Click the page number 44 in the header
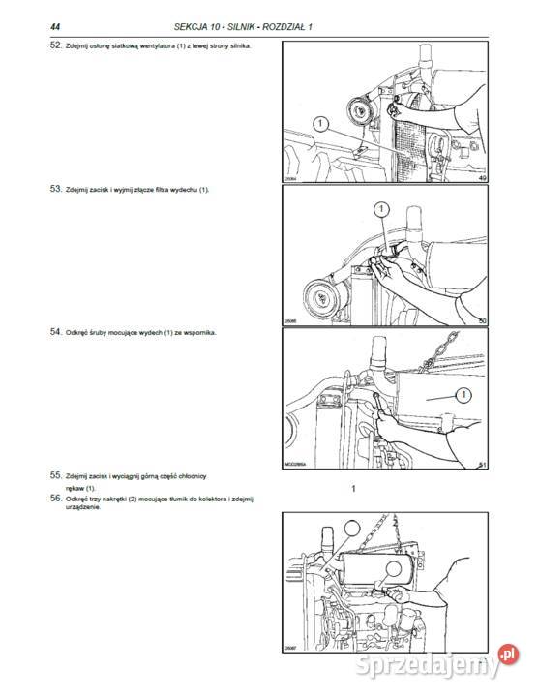click(55, 27)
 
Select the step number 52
click(55, 45)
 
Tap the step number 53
click(55, 189)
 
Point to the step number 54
click(55, 332)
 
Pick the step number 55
click(55, 475)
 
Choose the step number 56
click(55, 498)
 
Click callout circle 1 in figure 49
click(320, 124)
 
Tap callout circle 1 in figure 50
click(381, 209)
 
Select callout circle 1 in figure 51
click(463, 395)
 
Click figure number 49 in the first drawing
click(483, 178)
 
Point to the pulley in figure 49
click(361, 111)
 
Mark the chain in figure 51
click(439, 350)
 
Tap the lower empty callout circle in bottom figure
click(393, 568)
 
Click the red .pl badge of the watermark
click(508, 654)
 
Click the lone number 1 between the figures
click(353, 489)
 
